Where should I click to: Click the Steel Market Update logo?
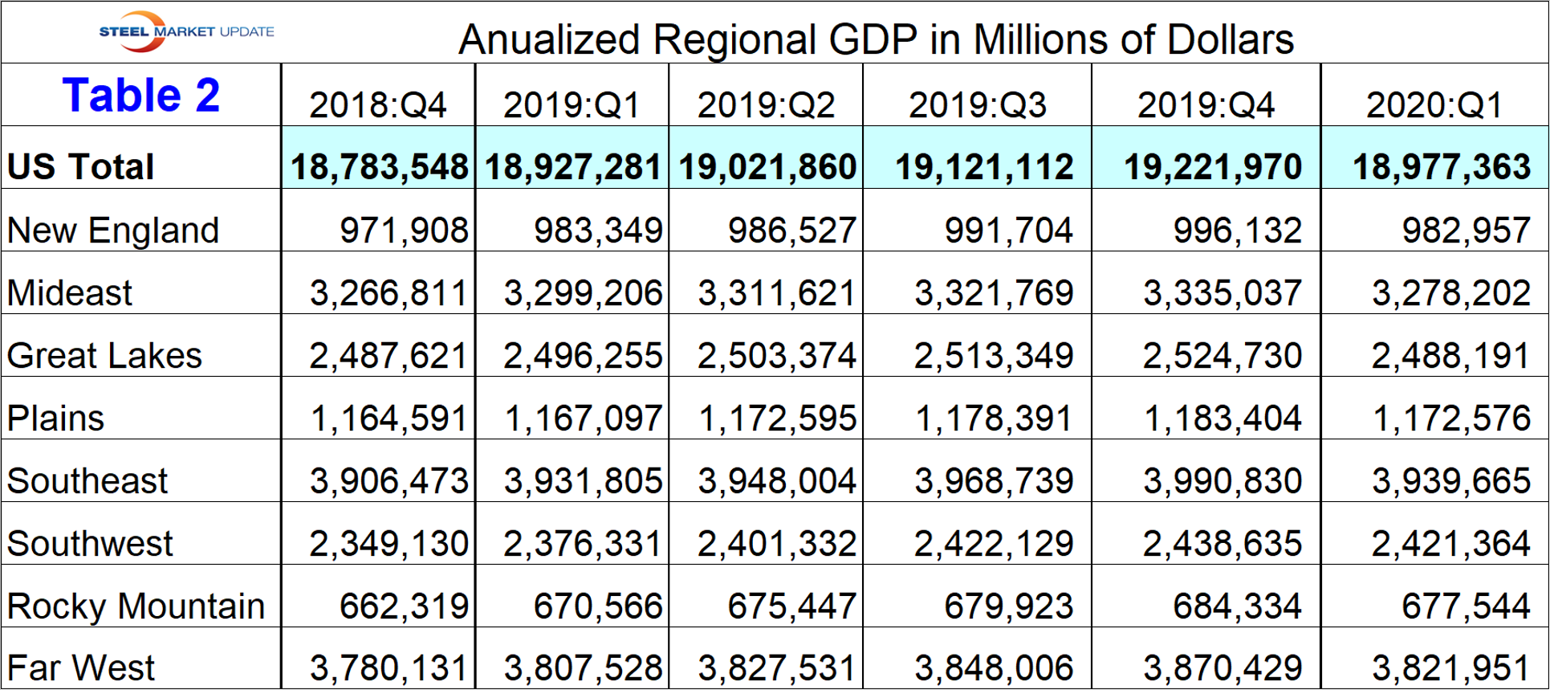pyautogui.click(x=186, y=31)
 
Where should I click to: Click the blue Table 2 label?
pyautogui.click(x=141, y=96)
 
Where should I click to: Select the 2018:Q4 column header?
pyautogui.click(x=377, y=105)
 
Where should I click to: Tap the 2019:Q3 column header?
pyautogui.click(x=977, y=105)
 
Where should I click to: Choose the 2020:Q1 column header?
pyautogui.click(x=1434, y=105)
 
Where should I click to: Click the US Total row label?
pyautogui.click(x=80, y=167)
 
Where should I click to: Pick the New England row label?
pyautogui.click(x=113, y=231)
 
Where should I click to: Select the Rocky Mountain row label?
pyautogui.click(x=136, y=606)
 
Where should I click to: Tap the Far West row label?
pyautogui.click(x=81, y=668)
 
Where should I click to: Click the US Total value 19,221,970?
pyautogui.click(x=1212, y=167)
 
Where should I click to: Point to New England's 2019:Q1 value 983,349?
pyautogui.click(x=598, y=231)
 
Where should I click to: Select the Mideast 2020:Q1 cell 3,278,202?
pyautogui.click(x=1450, y=293)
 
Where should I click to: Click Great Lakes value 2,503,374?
pyautogui.click(x=776, y=356)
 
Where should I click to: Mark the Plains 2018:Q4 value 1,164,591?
pyautogui.click(x=389, y=418)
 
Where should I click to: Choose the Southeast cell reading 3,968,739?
pyautogui.click(x=994, y=481)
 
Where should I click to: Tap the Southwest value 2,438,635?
pyautogui.click(x=1222, y=544)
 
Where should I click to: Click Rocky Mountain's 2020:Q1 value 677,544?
pyautogui.click(x=1466, y=606)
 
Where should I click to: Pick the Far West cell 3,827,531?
pyautogui.click(x=776, y=668)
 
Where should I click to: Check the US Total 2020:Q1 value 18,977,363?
pyautogui.click(x=1441, y=167)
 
